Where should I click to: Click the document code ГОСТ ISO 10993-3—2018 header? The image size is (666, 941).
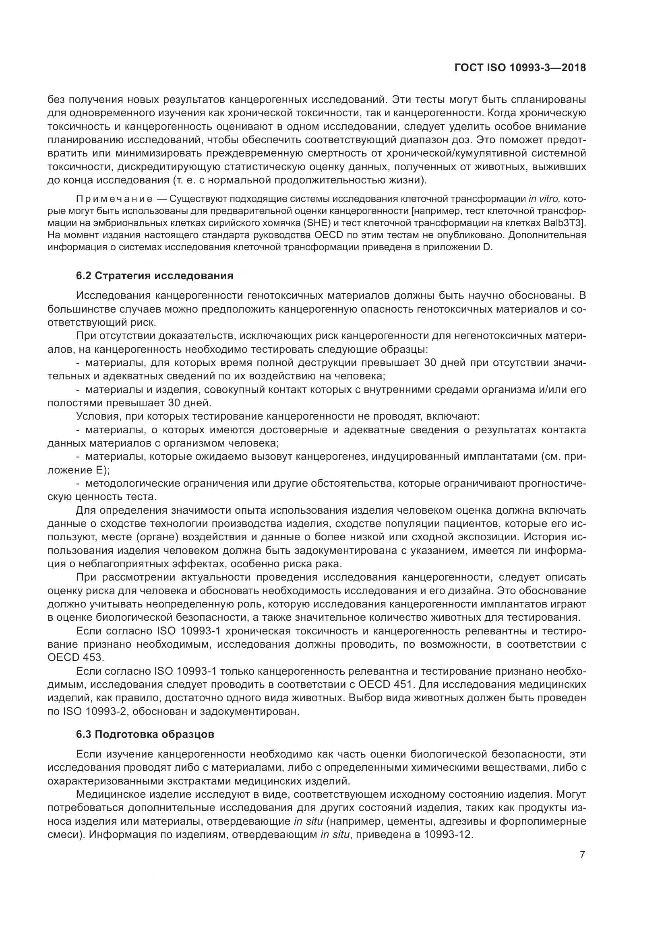click(x=520, y=68)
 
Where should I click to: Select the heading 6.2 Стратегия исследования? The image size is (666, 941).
click(x=155, y=276)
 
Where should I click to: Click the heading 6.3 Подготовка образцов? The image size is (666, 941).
click(x=145, y=734)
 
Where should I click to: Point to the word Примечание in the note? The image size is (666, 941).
click(x=114, y=199)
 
